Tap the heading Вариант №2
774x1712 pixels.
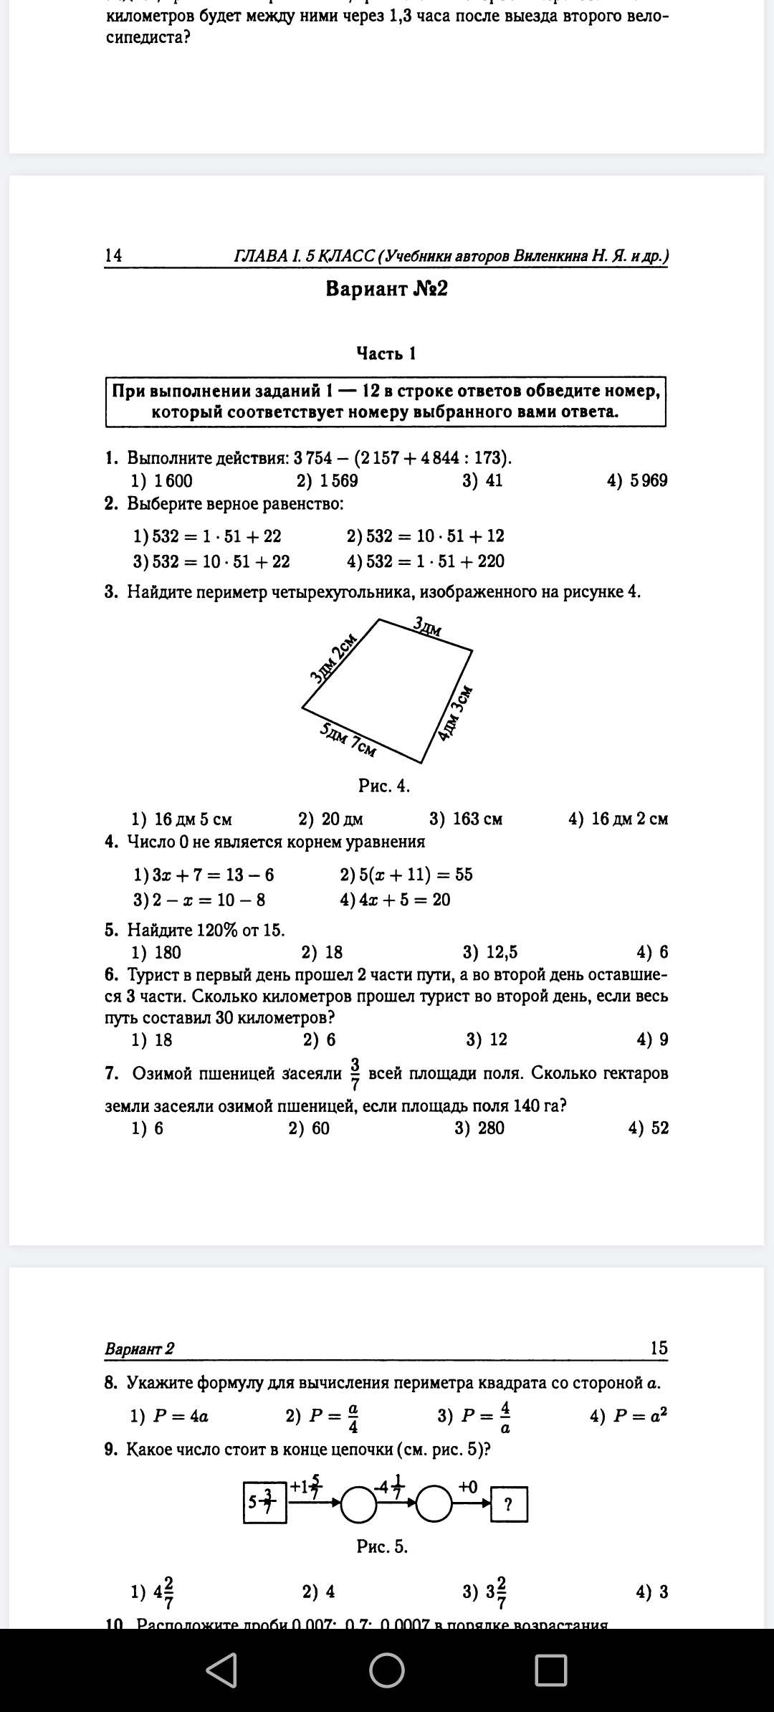386,289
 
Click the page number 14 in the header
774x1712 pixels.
113,255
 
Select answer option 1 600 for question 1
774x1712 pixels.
163,480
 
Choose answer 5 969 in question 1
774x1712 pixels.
637,480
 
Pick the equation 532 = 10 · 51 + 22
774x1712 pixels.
212,561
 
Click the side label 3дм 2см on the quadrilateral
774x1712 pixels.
333,658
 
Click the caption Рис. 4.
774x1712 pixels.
384,786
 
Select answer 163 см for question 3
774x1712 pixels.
466,819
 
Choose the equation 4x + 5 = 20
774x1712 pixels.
396,900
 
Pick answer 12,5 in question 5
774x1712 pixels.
490,952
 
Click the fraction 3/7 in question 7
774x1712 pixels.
355,1073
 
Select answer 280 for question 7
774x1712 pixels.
480,1128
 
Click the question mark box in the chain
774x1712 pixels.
509,1505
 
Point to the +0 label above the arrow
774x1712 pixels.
468,1486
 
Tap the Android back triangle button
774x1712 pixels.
222,1670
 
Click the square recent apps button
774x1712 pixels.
550,1670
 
